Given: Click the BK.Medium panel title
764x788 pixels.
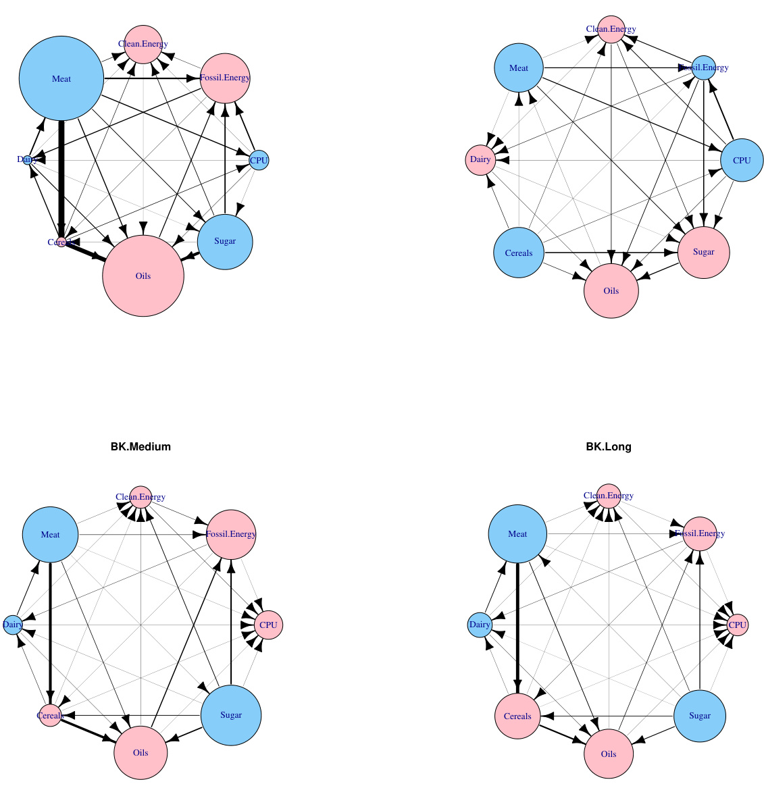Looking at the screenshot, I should point(141,446).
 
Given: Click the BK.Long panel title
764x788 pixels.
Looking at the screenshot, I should point(609,446).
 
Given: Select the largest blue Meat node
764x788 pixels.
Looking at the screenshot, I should point(61,79).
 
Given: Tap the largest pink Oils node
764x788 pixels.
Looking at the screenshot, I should point(143,275).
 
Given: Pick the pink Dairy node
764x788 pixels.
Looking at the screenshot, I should point(480,160).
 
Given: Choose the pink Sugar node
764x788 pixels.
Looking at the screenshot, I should point(703,252).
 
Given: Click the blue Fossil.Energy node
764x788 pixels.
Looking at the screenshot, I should point(704,68).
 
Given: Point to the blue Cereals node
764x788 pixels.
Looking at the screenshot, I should point(519,253).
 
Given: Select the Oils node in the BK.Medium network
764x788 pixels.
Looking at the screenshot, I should point(141,752).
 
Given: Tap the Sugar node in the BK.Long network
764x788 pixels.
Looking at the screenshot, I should point(700,716).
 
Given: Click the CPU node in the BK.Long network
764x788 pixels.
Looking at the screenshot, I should point(737,625).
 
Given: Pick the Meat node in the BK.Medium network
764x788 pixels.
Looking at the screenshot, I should point(51,535).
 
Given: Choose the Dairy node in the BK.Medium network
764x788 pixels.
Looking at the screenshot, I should point(12,625).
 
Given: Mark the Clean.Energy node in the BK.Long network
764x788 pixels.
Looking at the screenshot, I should point(609,496).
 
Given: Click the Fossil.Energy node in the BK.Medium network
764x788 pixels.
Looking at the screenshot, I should point(231,534).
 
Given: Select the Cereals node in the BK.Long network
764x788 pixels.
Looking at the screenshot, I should point(518,716).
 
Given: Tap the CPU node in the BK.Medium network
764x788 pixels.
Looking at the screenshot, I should point(268,625).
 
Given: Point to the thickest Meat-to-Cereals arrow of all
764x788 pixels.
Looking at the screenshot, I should point(61,176).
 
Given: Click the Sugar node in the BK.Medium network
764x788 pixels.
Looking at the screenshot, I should point(231,715).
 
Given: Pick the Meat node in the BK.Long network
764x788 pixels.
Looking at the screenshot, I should point(518,534).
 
